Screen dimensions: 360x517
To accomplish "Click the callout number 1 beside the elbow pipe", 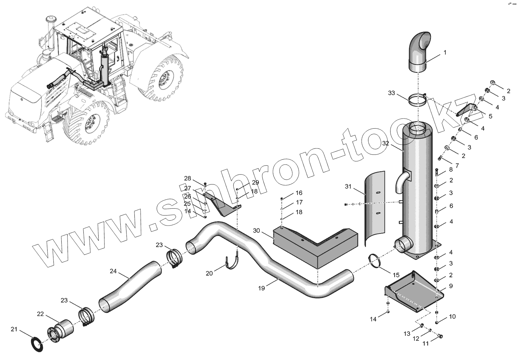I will (x=445, y=53).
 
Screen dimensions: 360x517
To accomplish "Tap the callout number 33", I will (x=392, y=93).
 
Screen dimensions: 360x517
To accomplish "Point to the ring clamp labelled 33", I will (x=418, y=100).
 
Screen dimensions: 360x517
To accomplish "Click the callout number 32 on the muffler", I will (x=386, y=143).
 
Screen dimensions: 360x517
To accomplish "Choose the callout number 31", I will (x=348, y=187).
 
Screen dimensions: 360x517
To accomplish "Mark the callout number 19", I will (x=262, y=288).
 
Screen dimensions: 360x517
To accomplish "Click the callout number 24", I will (x=113, y=271).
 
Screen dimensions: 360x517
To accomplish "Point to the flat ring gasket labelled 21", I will (x=37, y=344).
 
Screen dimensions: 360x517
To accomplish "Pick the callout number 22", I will (x=41, y=314).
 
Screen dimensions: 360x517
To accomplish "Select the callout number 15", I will (x=396, y=275).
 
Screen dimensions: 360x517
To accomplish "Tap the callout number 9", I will (x=451, y=286).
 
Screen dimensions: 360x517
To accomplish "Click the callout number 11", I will (x=426, y=343).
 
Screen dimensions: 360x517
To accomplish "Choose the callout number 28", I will (x=187, y=178).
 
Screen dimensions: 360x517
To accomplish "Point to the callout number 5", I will (x=490, y=116).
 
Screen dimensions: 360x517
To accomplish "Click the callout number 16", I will (x=299, y=193).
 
